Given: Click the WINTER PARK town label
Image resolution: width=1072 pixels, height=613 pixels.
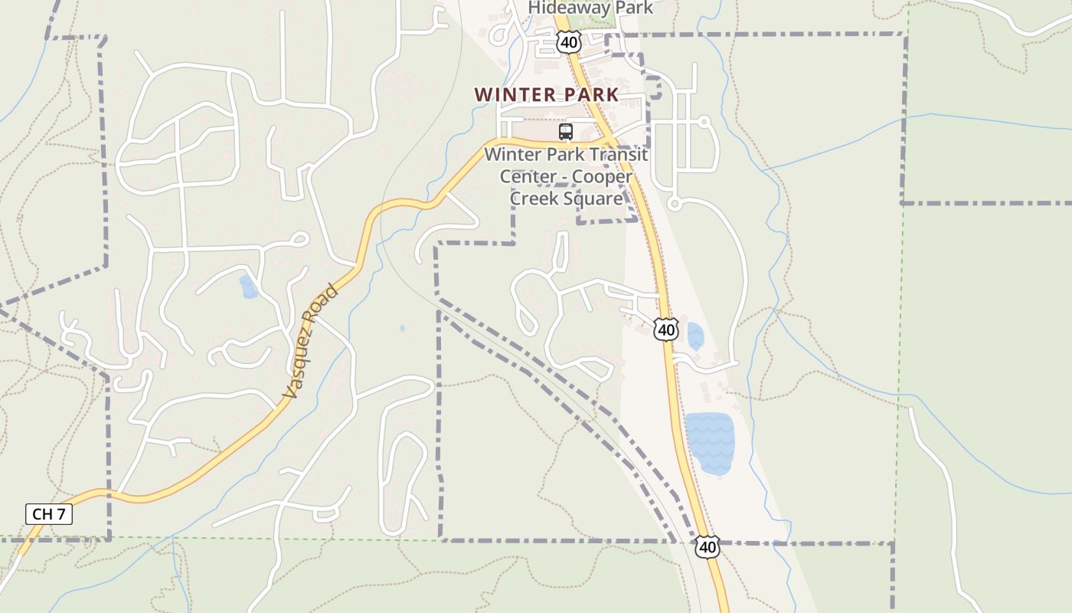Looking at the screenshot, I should click(546, 95).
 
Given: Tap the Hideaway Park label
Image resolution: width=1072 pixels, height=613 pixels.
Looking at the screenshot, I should click(591, 8).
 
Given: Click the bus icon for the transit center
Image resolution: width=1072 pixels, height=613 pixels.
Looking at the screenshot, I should click(566, 132).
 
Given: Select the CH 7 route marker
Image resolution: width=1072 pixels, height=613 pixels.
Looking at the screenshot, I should click(49, 514).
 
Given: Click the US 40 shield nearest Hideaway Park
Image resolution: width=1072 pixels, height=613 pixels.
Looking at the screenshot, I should click(568, 42).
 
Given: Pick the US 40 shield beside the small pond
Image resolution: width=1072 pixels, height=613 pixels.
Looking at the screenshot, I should click(666, 329).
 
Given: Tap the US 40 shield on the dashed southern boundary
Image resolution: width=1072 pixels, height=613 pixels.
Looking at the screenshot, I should click(708, 547).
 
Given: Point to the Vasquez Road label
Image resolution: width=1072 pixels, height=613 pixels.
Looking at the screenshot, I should click(309, 342).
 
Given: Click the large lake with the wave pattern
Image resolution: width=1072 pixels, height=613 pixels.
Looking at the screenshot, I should click(709, 443).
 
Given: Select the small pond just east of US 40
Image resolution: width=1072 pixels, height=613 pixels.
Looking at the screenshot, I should click(695, 336).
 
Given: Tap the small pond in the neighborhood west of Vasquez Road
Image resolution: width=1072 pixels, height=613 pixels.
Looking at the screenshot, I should click(248, 287).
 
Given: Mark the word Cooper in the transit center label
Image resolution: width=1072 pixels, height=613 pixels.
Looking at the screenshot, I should click(603, 176).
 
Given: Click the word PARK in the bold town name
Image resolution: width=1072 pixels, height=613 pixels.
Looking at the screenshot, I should click(590, 95).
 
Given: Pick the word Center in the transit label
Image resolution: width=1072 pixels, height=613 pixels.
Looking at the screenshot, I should click(528, 176).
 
